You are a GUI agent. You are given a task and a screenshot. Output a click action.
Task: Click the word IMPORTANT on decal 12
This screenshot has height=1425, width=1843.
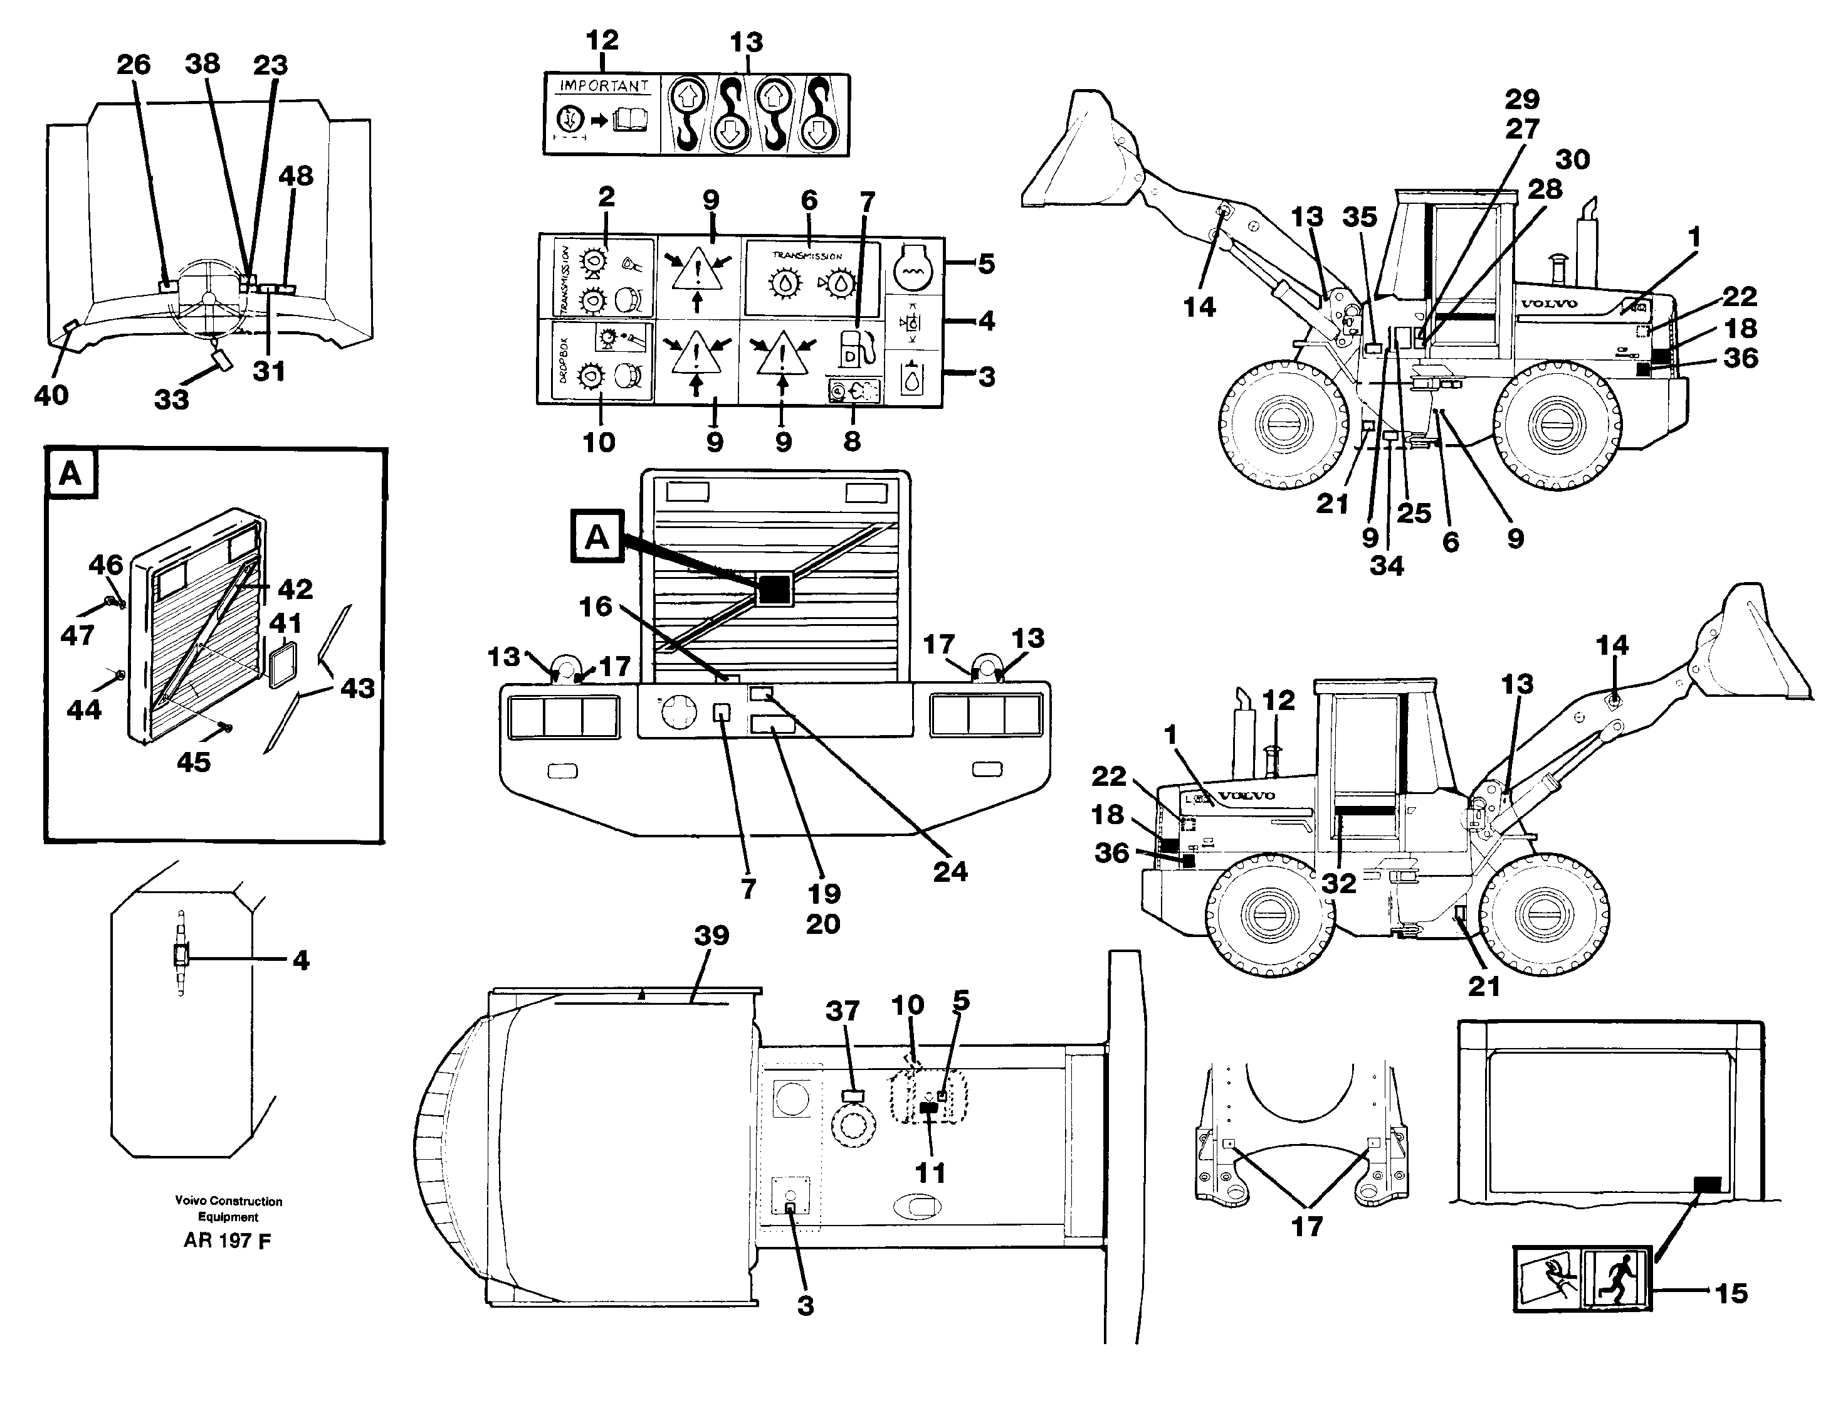point(603,86)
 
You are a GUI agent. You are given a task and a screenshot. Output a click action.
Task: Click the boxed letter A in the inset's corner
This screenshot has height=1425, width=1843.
point(71,473)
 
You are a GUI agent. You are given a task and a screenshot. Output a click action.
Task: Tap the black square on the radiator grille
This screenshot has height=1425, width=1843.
point(774,588)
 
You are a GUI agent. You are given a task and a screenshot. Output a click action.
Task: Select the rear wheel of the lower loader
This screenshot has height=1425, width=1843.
point(1270,916)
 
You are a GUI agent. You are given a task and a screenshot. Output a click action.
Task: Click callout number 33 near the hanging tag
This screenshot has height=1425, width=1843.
point(171,400)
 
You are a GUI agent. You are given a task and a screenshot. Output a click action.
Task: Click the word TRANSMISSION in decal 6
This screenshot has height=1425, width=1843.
point(807,255)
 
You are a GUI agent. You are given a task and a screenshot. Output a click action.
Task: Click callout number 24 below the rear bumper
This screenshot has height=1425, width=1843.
point(950,871)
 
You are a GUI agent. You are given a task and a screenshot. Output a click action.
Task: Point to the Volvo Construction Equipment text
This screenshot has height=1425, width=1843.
point(228,1208)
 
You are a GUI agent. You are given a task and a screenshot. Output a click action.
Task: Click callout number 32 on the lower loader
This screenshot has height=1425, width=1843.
point(1338,883)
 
